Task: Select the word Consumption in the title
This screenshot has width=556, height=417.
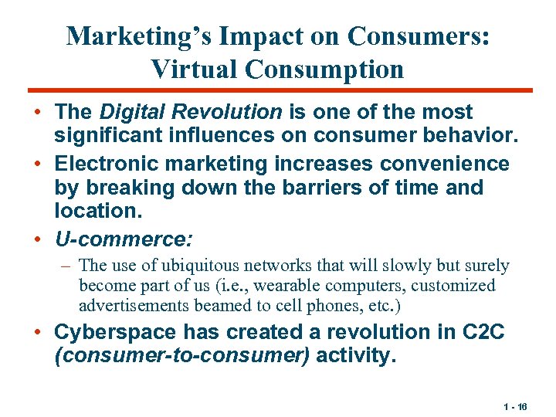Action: tap(324, 69)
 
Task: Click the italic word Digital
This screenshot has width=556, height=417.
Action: tap(129, 112)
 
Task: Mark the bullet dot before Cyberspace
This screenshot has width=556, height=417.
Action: tap(38, 333)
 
